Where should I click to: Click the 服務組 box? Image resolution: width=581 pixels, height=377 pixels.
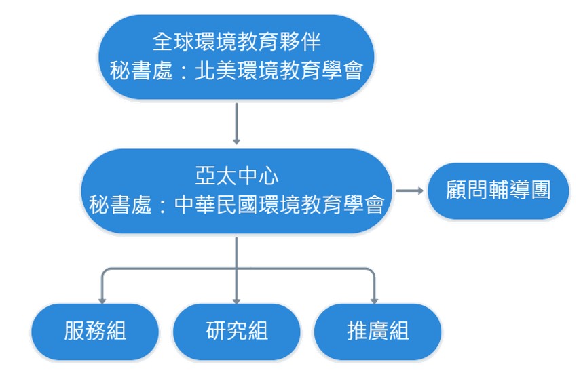point(95,332)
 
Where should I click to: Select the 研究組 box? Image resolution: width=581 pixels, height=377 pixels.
point(236,332)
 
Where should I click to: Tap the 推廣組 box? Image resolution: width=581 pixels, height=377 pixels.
point(377,332)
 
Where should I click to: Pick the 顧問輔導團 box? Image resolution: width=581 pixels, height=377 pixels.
point(498,191)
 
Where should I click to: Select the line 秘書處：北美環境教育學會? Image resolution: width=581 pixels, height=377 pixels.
point(236,70)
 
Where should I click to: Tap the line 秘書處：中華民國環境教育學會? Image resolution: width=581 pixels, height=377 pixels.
point(236,204)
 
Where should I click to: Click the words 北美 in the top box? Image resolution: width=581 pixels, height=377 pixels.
point(210,70)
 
